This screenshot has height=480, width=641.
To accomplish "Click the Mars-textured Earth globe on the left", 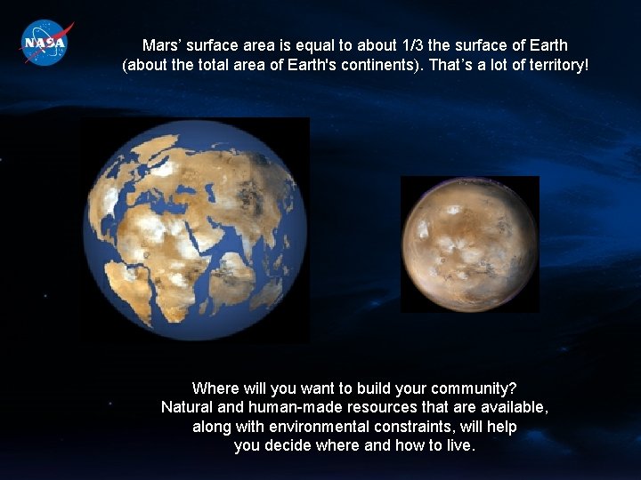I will pos(195,230).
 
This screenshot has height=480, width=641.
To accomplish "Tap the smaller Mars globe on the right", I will pos(469,244).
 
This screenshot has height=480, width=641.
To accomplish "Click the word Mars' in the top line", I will pos(161,45).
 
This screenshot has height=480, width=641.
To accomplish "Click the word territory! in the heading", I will pos(556,65).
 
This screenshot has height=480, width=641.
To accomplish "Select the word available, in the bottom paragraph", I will pos(515,408).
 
